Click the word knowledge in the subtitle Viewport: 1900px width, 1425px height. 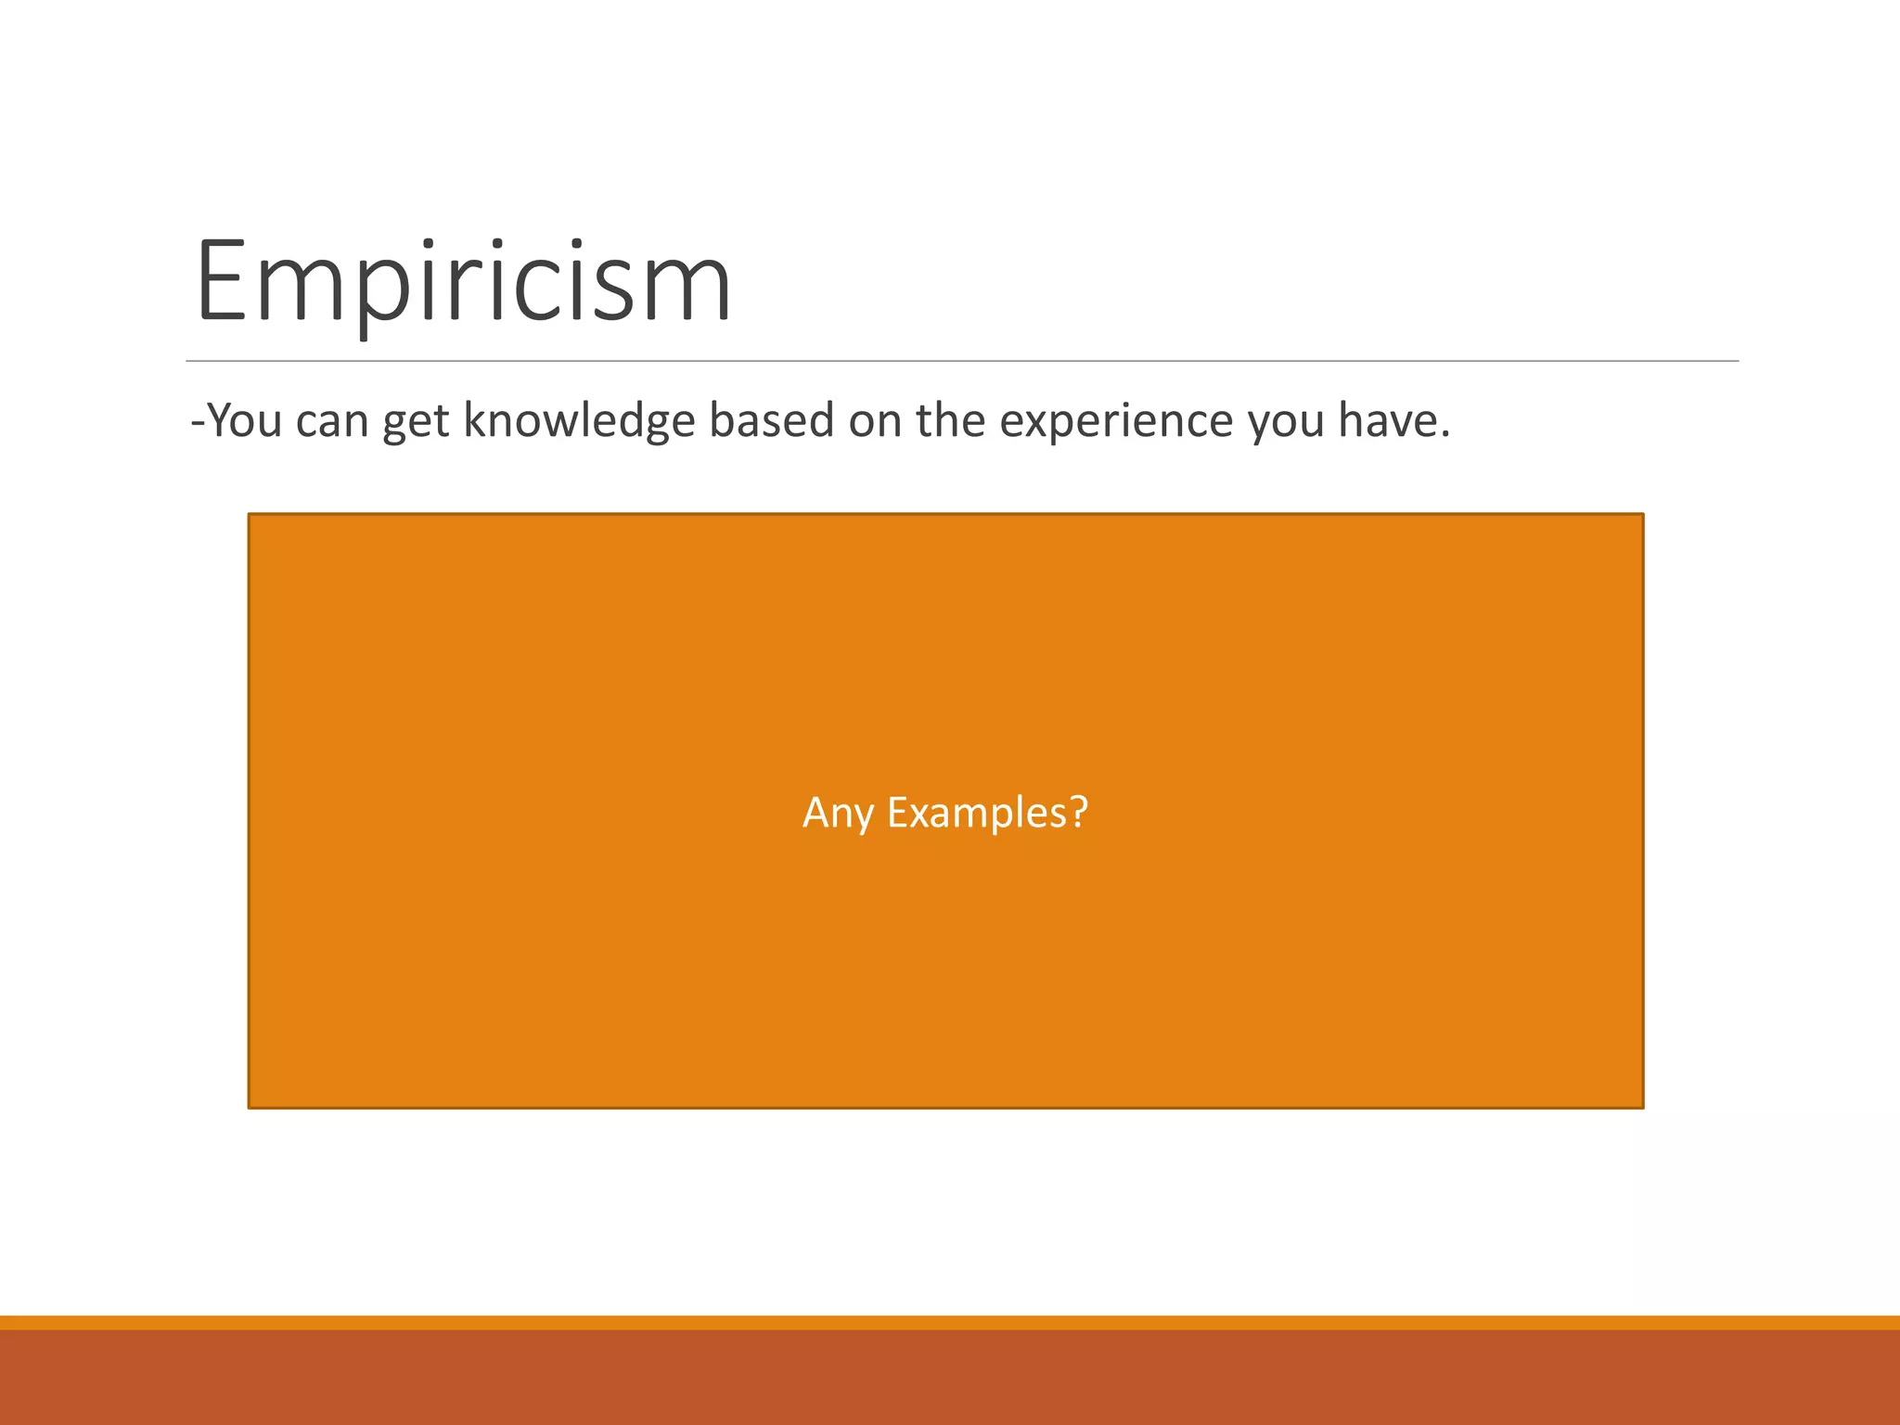coord(579,420)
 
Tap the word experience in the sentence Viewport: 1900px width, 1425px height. coord(1116,420)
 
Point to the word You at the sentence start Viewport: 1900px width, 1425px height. coord(244,420)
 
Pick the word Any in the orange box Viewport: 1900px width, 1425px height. coord(838,814)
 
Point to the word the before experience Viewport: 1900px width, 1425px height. coord(950,420)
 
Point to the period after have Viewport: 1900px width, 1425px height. coord(1444,435)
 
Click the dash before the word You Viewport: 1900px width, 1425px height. coord(197,422)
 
